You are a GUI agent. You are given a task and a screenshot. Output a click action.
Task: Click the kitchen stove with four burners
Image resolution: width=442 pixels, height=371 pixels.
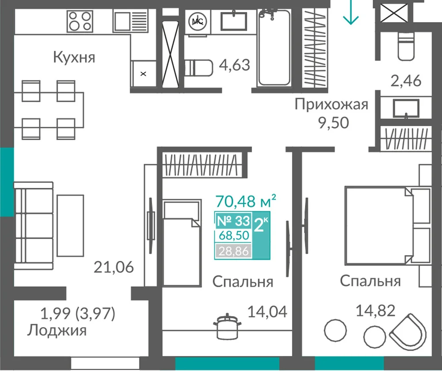point(80,21)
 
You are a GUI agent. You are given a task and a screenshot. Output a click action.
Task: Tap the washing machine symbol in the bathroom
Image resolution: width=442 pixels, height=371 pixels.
point(198,21)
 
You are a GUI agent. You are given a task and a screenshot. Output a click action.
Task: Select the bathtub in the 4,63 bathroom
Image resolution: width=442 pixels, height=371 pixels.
point(274,48)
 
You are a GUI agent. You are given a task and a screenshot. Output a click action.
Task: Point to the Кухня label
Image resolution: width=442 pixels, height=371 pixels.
point(74,57)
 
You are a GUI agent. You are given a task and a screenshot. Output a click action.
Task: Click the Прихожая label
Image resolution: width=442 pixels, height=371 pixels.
point(331,105)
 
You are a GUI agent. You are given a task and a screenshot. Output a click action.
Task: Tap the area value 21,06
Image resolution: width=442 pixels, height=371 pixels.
point(114,267)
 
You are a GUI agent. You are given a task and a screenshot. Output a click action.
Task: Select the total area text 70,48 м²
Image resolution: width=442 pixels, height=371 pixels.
point(245,201)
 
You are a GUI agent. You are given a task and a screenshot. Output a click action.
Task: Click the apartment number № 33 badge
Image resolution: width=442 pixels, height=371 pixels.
point(233,221)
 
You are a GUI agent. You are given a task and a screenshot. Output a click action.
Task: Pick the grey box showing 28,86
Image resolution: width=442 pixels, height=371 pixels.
point(233,251)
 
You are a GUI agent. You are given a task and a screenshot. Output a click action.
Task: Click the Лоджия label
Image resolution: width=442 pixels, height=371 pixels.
point(57,330)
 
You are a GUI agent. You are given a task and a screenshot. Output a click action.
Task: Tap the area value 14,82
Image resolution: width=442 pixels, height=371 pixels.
point(375,311)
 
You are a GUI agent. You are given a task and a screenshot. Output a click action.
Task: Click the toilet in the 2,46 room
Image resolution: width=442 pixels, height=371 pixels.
point(406,46)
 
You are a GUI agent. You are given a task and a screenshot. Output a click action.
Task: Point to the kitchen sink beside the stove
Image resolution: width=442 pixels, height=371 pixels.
point(130,21)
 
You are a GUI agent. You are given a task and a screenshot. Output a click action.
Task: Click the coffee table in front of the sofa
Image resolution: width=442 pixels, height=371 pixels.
point(70,226)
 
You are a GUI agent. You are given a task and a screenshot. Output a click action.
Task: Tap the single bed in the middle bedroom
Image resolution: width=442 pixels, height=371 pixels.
point(182,243)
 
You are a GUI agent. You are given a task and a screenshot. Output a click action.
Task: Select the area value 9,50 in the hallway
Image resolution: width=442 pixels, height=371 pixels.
point(334,123)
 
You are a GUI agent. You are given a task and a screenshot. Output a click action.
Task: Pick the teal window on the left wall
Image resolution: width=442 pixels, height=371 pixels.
point(7,182)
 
